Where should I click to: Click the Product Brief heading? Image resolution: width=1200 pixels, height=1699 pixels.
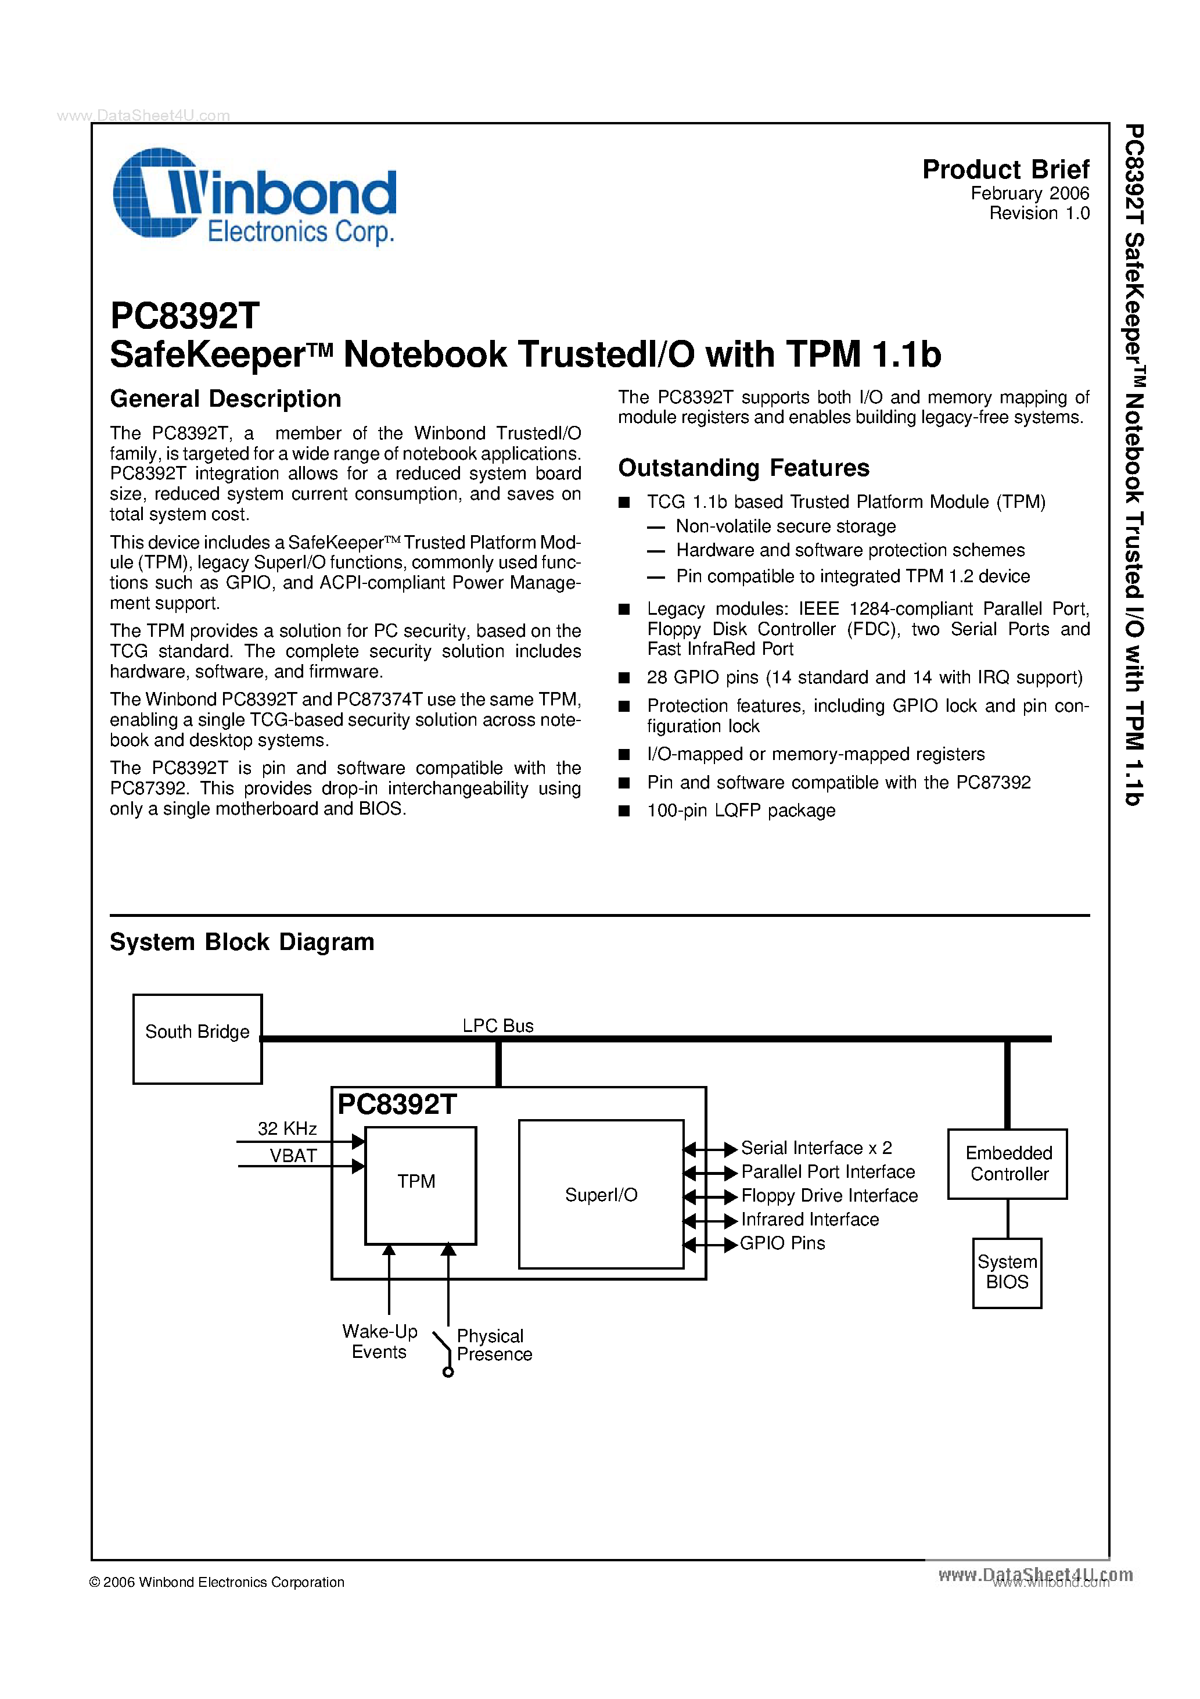tap(1005, 170)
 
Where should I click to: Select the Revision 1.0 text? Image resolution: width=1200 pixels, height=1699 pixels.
tap(1039, 214)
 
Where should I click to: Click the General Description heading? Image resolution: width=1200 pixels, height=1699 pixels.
tap(225, 399)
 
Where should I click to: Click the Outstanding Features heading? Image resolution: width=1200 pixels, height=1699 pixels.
tap(743, 468)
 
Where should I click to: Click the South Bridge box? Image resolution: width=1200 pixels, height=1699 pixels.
tap(197, 1039)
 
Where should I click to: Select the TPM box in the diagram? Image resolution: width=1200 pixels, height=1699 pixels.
tap(419, 1185)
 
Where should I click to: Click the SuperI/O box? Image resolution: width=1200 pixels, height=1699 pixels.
tap(600, 1194)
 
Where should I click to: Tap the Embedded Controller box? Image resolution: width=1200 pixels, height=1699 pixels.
tap(1008, 1163)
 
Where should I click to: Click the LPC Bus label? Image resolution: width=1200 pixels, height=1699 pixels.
tap(497, 1026)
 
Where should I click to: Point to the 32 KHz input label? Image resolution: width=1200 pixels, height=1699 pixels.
tap(287, 1128)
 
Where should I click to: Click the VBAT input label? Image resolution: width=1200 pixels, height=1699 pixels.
tap(293, 1156)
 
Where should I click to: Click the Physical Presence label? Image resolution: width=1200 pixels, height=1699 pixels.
tap(494, 1345)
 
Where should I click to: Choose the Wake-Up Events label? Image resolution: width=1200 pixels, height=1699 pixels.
tap(379, 1342)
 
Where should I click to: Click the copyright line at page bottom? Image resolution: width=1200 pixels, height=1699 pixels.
tap(217, 1582)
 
